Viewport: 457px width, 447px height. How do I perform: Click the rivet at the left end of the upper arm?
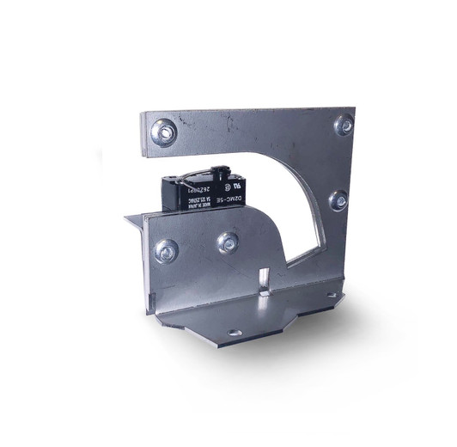[162, 131]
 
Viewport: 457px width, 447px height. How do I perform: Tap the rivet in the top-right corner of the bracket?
[344, 126]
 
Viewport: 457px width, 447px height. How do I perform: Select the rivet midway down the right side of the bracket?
[338, 200]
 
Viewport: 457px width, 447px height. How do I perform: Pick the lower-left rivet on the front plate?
[165, 251]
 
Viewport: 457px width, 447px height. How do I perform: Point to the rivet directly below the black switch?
[228, 242]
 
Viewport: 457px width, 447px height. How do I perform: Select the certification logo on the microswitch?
[228, 184]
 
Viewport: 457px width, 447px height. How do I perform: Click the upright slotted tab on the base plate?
[266, 282]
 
